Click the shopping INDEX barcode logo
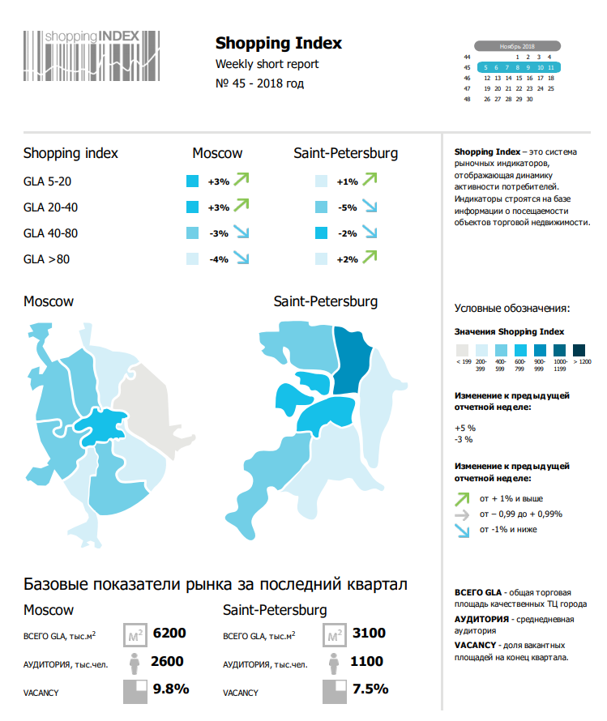(x=92, y=54)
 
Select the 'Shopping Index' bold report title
(x=278, y=44)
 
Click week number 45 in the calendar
(x=467, y=68)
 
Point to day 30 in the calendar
(x=529, y=99)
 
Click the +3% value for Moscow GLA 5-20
(x=218, y=182)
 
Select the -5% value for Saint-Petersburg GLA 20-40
(x=347, y=208)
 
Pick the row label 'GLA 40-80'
(x=50, y=233)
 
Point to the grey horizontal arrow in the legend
(x=461, y=514)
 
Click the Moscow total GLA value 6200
(x=169, y=633)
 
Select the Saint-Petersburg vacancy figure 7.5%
(x=371, y=689)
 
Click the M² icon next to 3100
(x=333, y=634)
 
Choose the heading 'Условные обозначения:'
(x=511, y=308)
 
